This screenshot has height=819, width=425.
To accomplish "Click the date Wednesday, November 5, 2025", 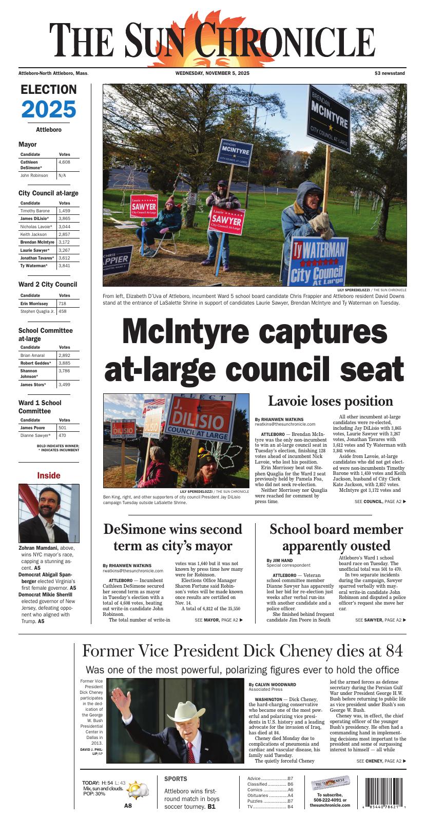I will tap(212, 73).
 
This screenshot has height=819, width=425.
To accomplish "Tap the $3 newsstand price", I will tap(390, 73).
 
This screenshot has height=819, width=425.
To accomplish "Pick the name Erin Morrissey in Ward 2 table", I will tap(34, 304).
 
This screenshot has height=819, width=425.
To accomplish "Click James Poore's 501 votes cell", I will tap(63, 428).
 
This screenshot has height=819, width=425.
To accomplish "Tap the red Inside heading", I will tap(49, 475).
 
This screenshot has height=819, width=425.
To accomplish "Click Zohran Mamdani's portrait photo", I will tap(49, 513).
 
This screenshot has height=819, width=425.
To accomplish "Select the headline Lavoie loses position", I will tap(330, 401).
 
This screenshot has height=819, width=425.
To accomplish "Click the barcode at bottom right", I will tap(385, 793).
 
